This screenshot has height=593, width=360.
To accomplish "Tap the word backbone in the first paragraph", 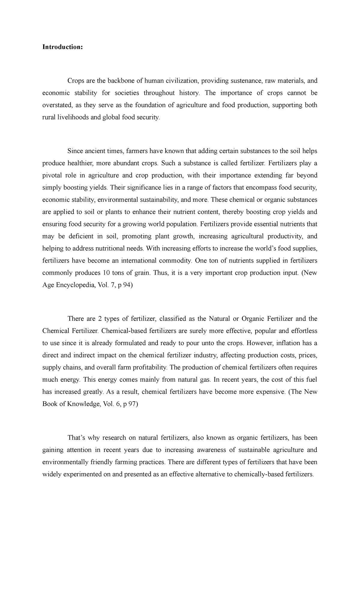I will (120, 81).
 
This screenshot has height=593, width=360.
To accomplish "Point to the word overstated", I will (56, 105).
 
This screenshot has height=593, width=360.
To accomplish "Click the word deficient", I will (81, 236).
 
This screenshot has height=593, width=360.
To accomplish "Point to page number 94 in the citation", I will (127, 285).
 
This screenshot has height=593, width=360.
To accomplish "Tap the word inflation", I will (286, 343).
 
